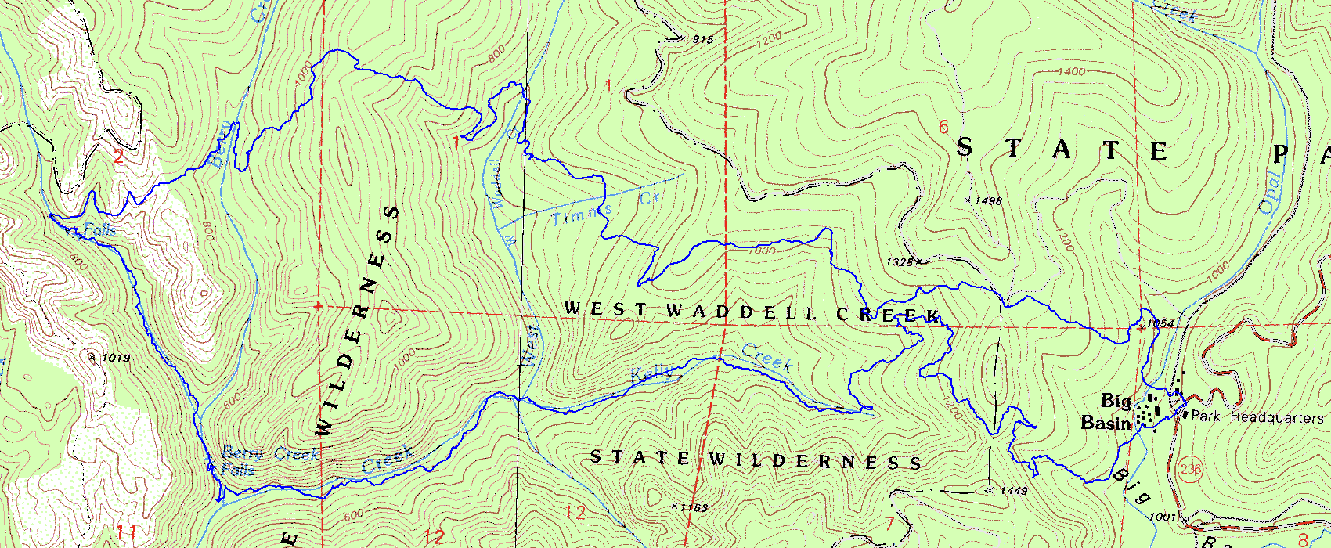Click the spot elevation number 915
click(703, 39)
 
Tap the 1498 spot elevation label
click(990, 201)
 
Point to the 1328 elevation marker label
click(900, 262)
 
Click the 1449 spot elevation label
click(1014, 491)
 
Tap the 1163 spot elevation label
click(694, 508)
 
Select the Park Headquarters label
click(1257, 417)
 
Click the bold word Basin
click(1106, 424)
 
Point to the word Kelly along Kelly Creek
click(651, 375)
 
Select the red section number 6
click(943, 127)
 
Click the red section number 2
click(118, 156)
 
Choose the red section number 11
click(127, 533)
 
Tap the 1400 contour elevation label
click(1071, 72)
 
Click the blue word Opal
click(1270, 193)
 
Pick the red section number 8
click(1303, 539)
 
